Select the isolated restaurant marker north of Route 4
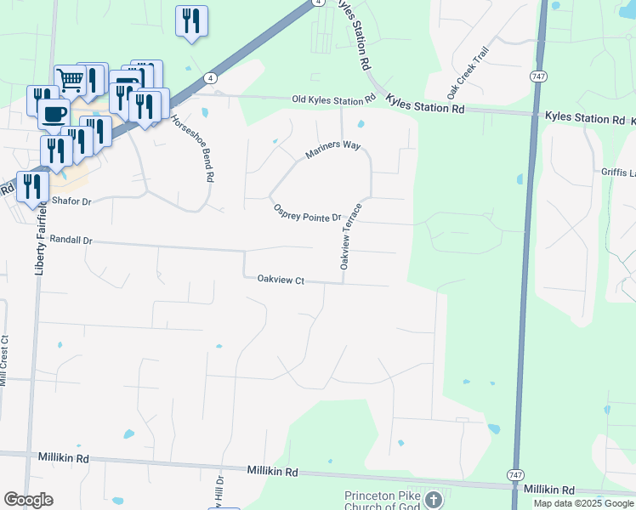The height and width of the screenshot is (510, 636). point(191,20)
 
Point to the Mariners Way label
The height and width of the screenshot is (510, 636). point(333,150)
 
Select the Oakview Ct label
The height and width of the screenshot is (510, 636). point(280,280)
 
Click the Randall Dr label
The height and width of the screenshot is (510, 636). point(71,241)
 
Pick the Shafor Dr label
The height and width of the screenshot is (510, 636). point(71,201)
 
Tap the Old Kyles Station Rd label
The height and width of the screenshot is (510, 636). point(332,100)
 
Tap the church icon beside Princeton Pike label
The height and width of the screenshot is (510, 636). point(433,499)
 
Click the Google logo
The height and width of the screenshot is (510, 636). point(28,500)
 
